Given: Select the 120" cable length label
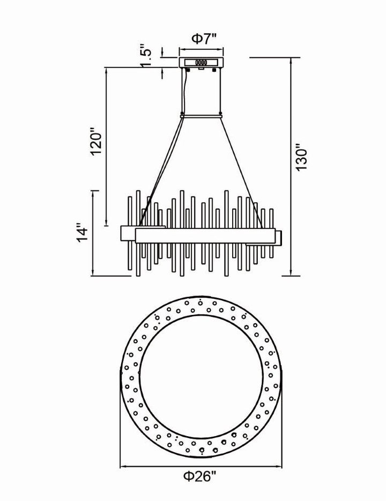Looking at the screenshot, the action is (x=96, y=142).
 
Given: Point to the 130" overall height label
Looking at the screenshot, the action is (x=301, y=159).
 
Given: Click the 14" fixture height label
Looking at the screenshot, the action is (x=82, y=235).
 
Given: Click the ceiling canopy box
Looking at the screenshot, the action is (x=201, y=62).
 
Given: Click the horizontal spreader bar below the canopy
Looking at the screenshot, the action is (x=201, y=116).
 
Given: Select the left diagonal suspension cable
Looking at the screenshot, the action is (x=160, y=172).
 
